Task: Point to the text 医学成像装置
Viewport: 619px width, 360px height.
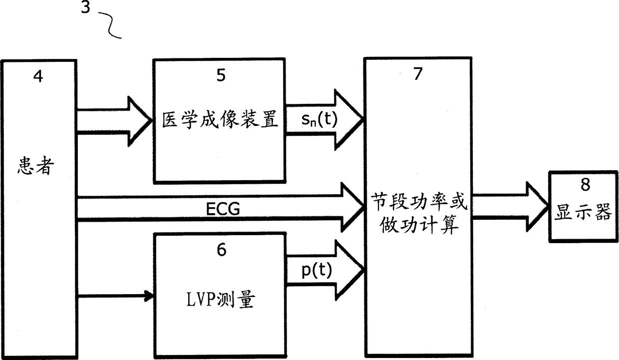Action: click(220, 120)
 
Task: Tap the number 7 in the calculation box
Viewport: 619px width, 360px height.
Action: click(418, 73)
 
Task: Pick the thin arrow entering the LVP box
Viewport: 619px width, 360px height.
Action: click(148, 296)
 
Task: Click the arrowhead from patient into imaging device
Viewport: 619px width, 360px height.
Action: click(141, 120)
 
